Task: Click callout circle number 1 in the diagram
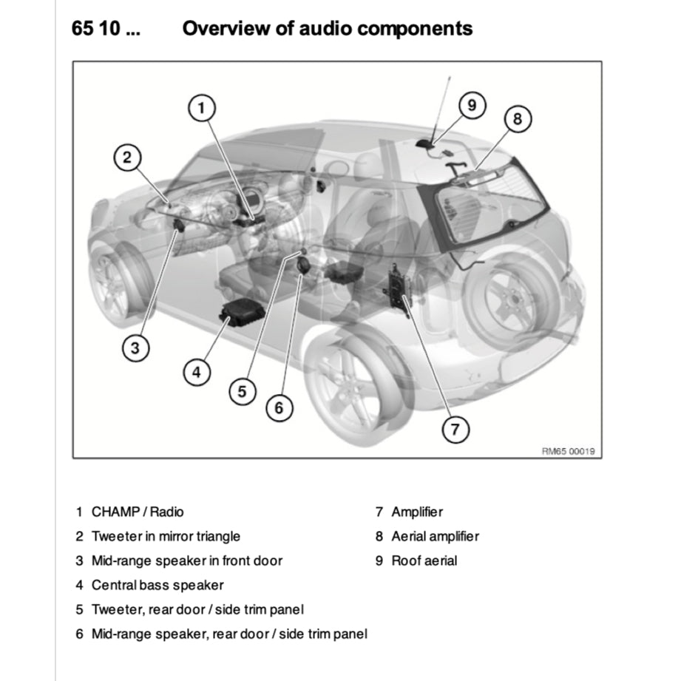(200, 109)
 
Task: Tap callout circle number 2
(127, 157)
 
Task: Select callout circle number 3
(135, 348)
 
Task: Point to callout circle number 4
(196, 372)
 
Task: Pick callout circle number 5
(242, 391)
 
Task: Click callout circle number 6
(279, 407)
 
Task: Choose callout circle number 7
(455, 429)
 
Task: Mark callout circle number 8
(518, 119)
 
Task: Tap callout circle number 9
(471, 106)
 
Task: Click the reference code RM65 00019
(569, 451)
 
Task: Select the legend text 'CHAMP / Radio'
(138, 512)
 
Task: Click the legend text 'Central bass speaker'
(157, 585)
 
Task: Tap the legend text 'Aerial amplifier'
(435, 536)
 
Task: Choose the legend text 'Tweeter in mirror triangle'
(166, 536)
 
